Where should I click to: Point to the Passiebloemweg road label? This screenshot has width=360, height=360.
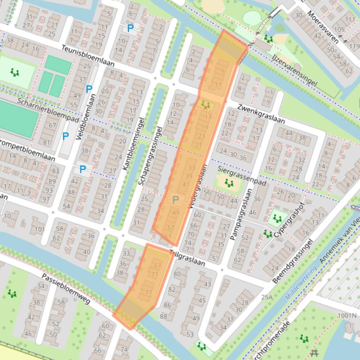click(66, 288)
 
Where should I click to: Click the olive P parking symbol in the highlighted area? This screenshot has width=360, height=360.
click(176, 200)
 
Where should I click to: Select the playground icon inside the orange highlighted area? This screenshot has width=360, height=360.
click(206, 106)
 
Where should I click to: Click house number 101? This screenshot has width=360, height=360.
click(40, 229)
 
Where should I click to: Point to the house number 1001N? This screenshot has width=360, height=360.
click(346, 316)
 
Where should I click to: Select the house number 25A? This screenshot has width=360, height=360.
click(266, 297)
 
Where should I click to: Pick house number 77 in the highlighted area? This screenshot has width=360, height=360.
click(149, 293)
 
